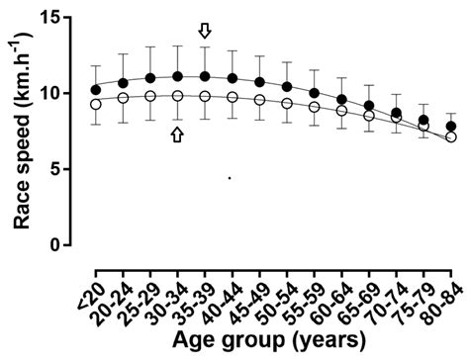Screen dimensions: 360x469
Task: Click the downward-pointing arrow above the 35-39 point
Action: [x=205, y=32]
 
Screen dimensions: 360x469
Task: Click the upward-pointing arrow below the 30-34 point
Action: [x=177, y=135]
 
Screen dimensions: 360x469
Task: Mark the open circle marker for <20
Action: [x=96, y=104]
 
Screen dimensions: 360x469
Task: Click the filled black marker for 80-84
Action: [x=451, y=127]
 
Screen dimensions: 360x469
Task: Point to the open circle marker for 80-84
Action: [x=451, y=137]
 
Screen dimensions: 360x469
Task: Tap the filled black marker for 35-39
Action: [x=205, y=76]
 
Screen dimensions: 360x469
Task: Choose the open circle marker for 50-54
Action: [x=287, y=104]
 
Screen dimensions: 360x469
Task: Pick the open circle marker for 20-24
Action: [x=123, y=98]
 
